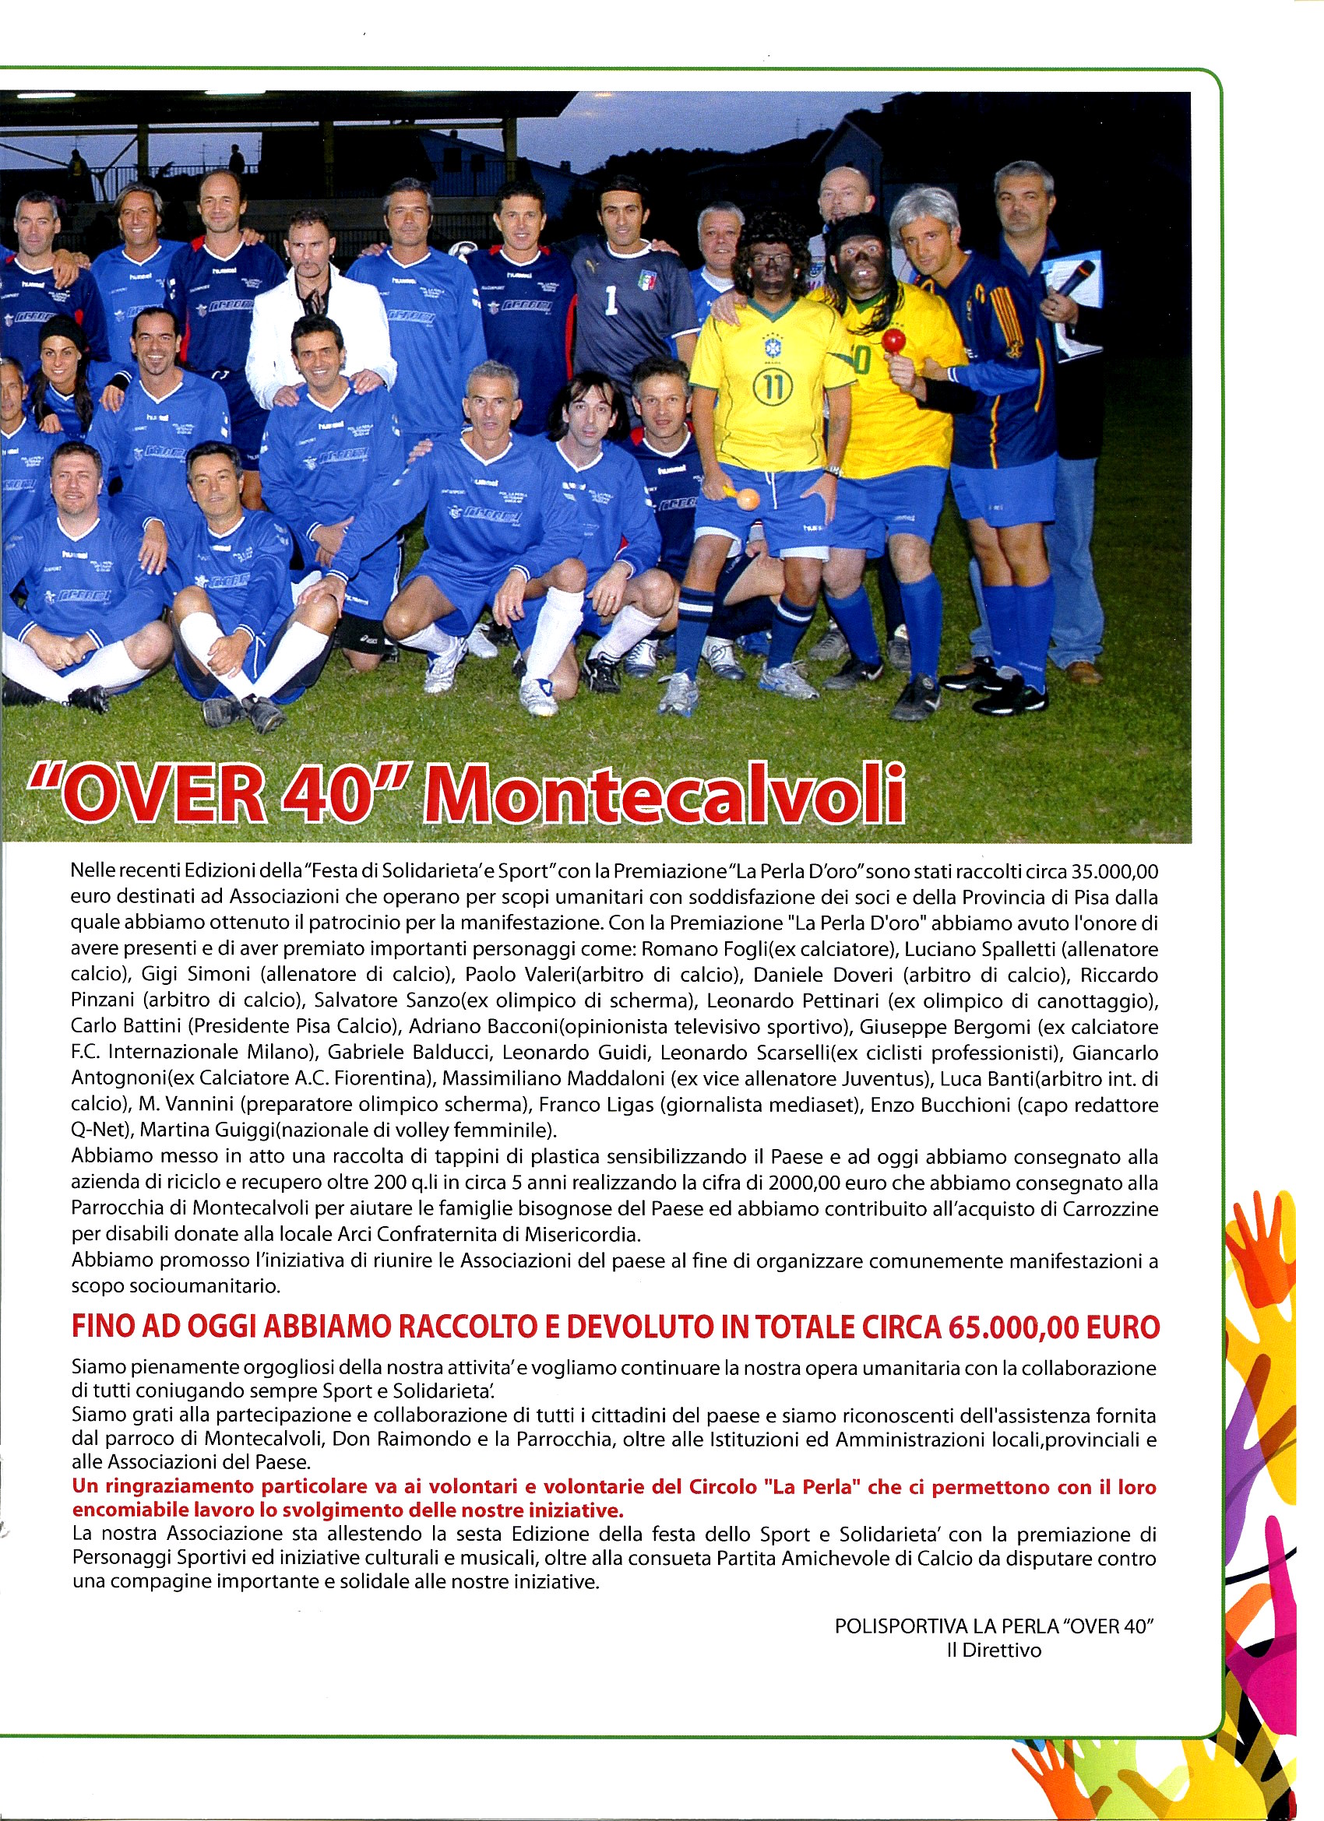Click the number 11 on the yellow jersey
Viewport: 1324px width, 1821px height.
point(773,387)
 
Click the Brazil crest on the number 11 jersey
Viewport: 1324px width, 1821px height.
point(773,348)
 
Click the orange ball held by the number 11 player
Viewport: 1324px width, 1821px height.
point(747,498)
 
